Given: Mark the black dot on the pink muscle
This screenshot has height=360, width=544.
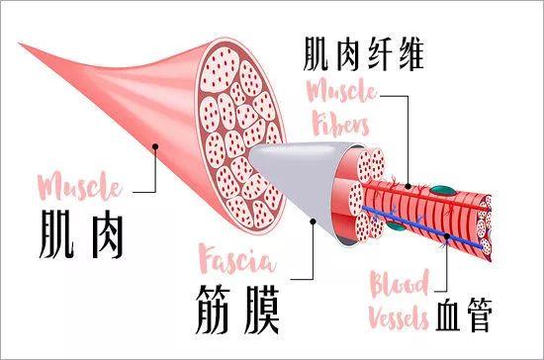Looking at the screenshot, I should click(154, 148).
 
